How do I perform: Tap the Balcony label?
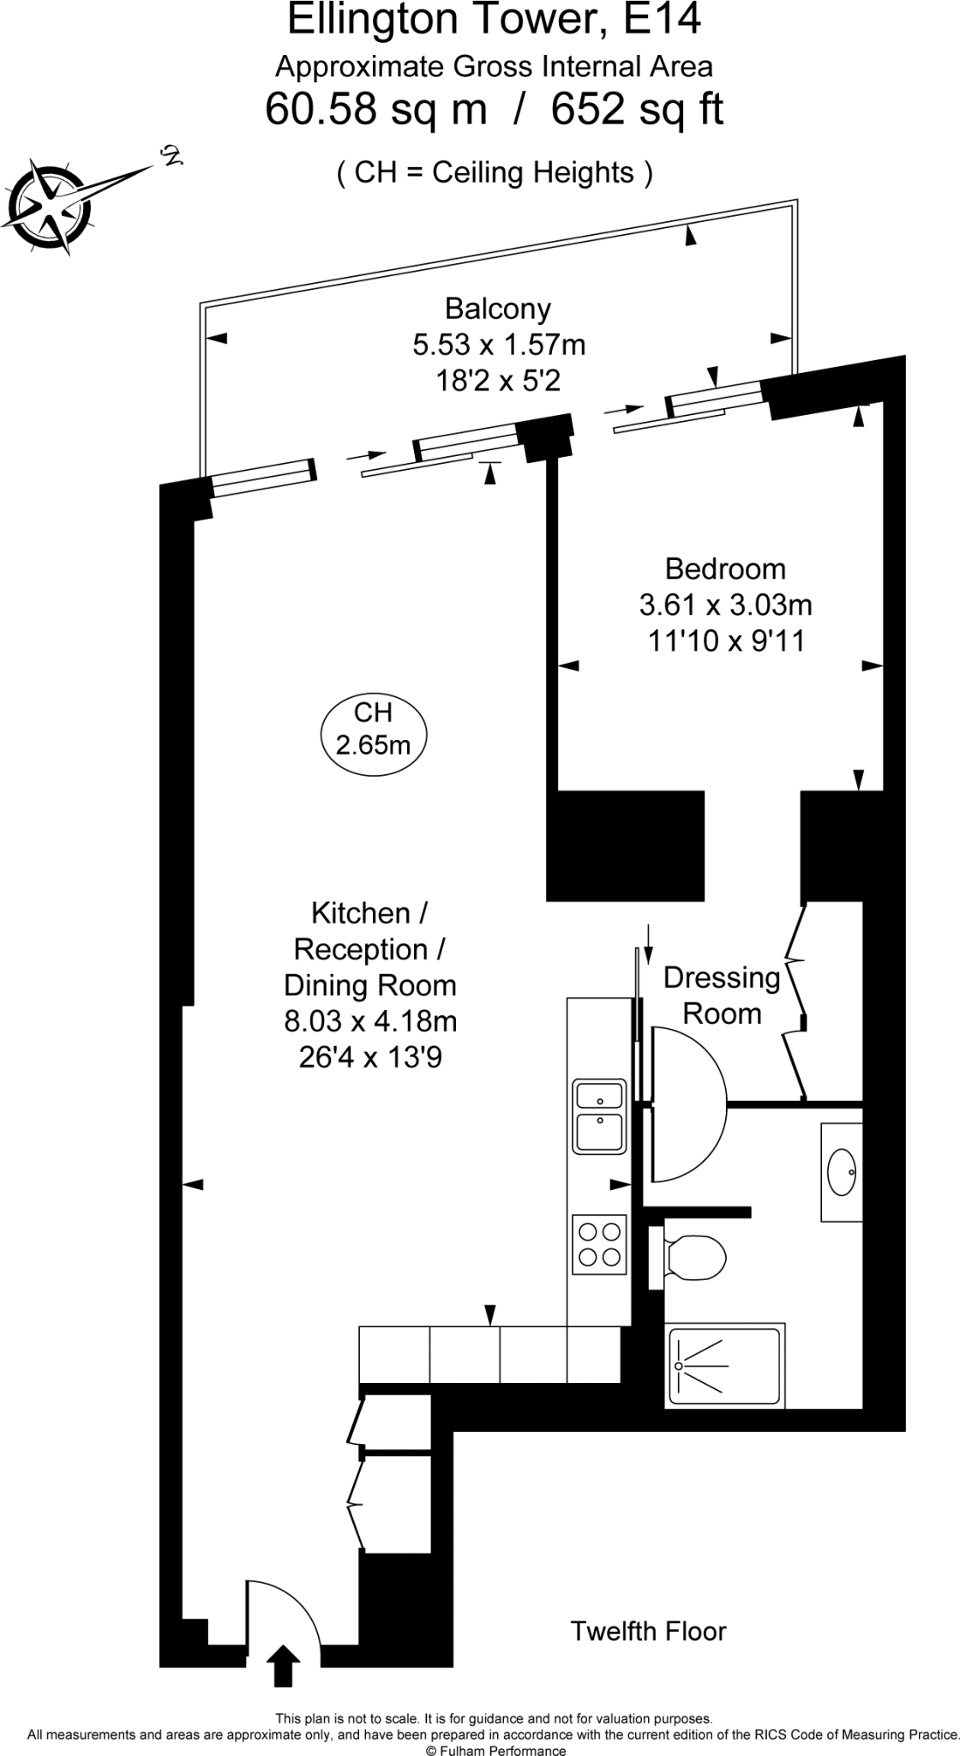click(498, 309)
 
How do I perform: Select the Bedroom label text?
click(725, 568)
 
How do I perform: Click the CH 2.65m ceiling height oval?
click(373, 730)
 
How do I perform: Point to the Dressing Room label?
click(722, 995)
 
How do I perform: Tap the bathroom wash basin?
click(841, 1172)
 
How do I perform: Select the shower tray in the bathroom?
click(725, 1367)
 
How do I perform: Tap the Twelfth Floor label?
click(648, 1630)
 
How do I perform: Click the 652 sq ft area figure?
click(637, 109)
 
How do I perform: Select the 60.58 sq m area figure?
click(376, 109)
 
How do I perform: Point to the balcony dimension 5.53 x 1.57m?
click(499, 345)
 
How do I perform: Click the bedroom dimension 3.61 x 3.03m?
click(725, 604)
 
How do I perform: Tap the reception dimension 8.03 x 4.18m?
click(370, 1021)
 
